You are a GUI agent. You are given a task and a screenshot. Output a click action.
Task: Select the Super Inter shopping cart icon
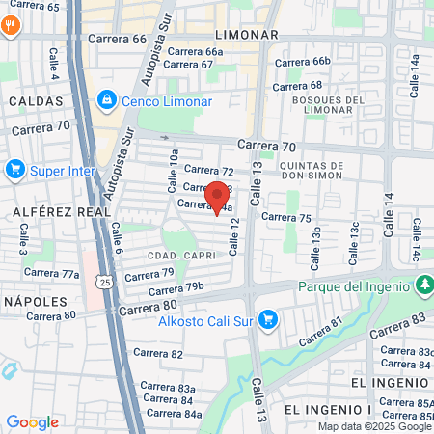[x=14, y=171]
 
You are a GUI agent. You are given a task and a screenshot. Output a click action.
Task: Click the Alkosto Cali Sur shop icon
[x=270, y=319]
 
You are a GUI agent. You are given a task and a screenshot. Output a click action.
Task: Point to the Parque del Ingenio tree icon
[x=423, y=285]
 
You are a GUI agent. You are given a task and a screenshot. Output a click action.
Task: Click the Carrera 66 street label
[x=117, y=40]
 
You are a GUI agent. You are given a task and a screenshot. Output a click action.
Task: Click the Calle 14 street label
[x=391, y=216]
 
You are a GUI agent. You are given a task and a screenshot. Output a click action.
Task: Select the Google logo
[x=32, y=421]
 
